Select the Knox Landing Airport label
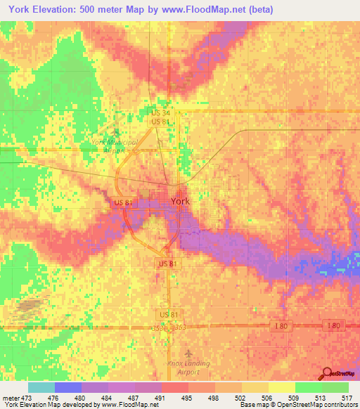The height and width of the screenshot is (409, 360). pyautogui.click(x=188, y=368)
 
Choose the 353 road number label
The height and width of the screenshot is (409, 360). pyautogui.click(x=179, y=327)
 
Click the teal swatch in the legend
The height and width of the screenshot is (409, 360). pyautogui.click(x=41, y=387)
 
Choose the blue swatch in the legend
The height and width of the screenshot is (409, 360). pyautogui.click(x=68, y=387)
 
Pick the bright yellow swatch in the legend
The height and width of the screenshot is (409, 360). pyautogui.click(x=282, y=387)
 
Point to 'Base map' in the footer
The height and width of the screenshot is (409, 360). pyautogui.click(x=252, y=405)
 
